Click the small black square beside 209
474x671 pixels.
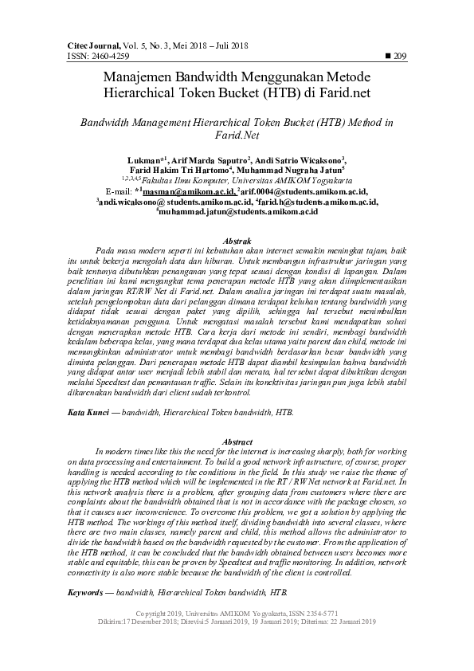pyautogui.click(x=388, y=56)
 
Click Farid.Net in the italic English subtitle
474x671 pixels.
pyautogui.click(x=237, y=136)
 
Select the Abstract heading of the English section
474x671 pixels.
pyautogui.click(x=237, y=441)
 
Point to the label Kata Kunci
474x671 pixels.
pyautogui.click(x=85, y=413)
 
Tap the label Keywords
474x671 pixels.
pyautogui.click(x=88, y=594)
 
